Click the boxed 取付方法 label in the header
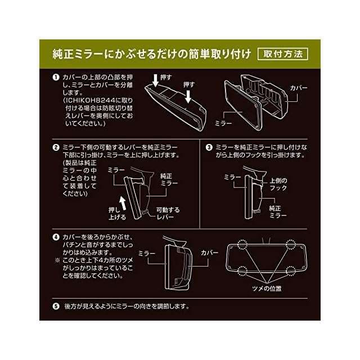pyautogui.click(x=282, y=54)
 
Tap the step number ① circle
pyautogui.click(x=56, y=78)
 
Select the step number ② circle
pyautogui.click(x=56, y=147)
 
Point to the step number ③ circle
pyautogui.click(x=209, y=147)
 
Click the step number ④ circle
pyautogui.click(x=56, y=237)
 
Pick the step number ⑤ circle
pyautogui.click(x=56, y=306)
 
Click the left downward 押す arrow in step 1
pyautogui.click(x=155, y=80)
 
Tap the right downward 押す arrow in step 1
pyautogui.click(x=188, y=96)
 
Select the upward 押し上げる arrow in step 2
pyautogui.click(x=123, y=203)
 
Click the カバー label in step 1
pyautogui.click(x=299, y=88)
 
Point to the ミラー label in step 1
pyautogui.click(x=223, y=124)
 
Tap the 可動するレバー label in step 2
pyautogui.click(x=168, y=214)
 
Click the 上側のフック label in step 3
pyautogui.click(x=278, y=184)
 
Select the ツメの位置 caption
pyautogui.click(x=267, y=289)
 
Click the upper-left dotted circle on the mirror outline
pyautogui.click(x=242, y=244)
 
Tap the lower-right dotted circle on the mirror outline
pyautogui.click(x=291, y=271)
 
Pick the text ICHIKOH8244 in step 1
pyautogui.click(x=90, y=101)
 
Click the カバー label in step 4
pyautogui.click(x=209, y=253)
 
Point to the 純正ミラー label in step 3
pyautogui.click(x=278, y=212)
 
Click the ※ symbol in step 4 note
pyautogui.click(x=57, y=260)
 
